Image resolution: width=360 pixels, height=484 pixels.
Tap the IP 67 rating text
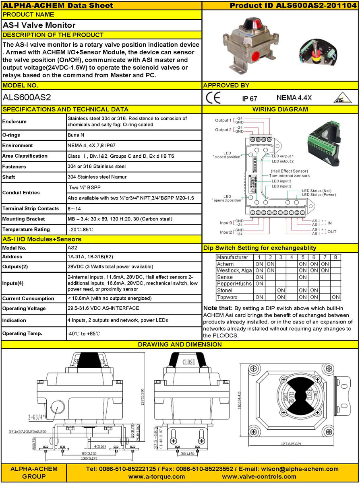tap(249, 98)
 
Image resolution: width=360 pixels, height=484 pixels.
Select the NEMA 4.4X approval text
tap(294, 97)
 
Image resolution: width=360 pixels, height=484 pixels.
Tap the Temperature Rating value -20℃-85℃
tap(81, 229)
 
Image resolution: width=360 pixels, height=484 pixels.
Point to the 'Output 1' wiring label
tap(223, 120)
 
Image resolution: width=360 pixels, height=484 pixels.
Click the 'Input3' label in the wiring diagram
tap(226, 222)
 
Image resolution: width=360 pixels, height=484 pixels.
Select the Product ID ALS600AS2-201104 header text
tap(294, 5)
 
